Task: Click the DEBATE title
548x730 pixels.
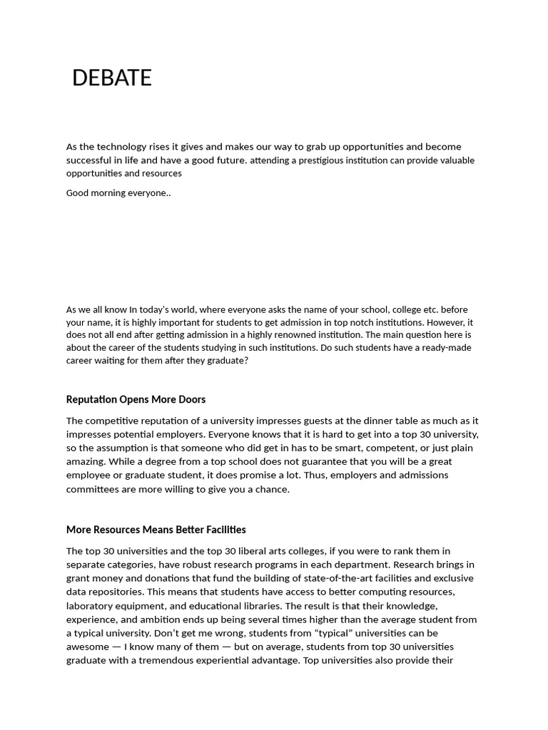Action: coord(112,78)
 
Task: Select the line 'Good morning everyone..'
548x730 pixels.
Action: coord(118,192)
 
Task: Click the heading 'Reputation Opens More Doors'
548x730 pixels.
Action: coord(136,399)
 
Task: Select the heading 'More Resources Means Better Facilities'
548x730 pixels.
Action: coord(156,530)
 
